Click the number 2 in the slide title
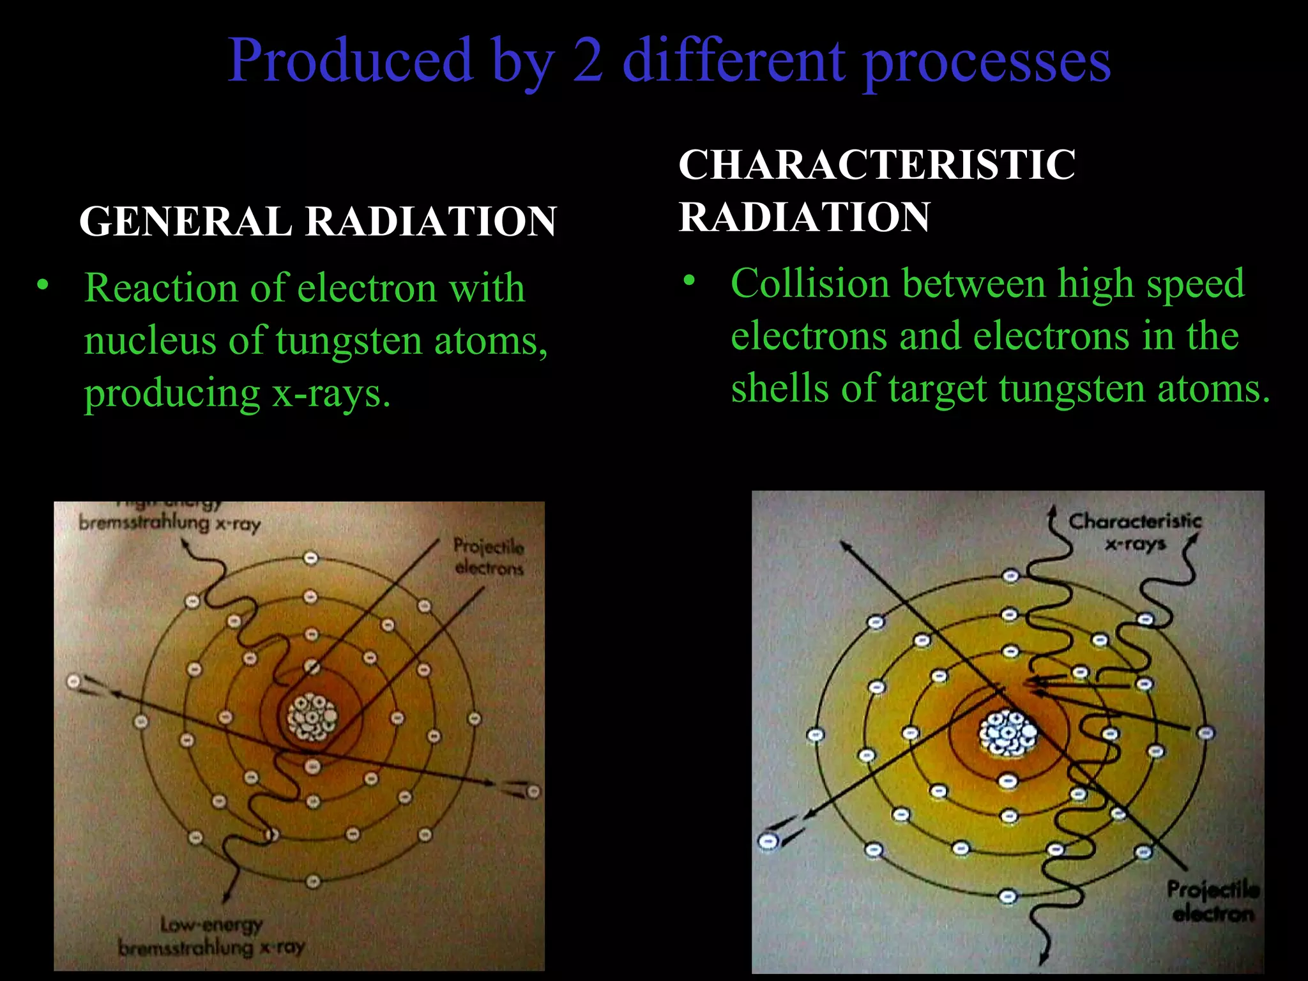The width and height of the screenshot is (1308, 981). coord(587,61)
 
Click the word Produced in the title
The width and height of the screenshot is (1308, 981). coord(350,61)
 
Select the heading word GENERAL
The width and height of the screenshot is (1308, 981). coord(185,222)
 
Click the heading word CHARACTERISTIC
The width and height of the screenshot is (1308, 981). coord(876,165)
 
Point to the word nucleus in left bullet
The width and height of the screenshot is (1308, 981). coord(150,340)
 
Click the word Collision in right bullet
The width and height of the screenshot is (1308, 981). coord(810,284)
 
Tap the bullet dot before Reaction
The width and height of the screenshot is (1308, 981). coord(42,285)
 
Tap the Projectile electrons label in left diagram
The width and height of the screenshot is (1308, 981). coord(489,557)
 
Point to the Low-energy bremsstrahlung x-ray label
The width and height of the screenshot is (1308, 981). coord(211,936)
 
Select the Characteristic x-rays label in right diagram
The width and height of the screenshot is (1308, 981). coord(1135,531)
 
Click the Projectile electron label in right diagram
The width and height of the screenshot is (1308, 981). coord(1212,901)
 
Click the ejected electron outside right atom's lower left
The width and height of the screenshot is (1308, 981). coord(768,840)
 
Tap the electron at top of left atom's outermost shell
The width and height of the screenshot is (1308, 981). coord(310,558)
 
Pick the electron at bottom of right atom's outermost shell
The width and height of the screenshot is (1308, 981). coord(1008,897)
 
